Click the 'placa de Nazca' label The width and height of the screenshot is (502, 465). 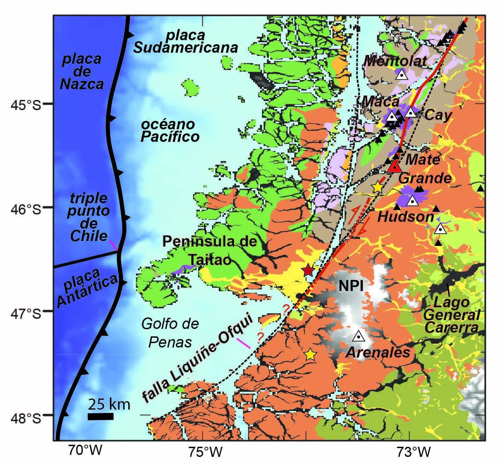(x=82, y=72)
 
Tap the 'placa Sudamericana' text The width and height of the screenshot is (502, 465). (x=186, y=42)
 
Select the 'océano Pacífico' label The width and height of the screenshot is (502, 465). (x=170, y=131)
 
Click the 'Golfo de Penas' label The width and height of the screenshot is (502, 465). (x=170, y=333)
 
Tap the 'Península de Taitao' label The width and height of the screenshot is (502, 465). (x=210, y=250)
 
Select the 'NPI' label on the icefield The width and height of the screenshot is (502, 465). (x=351, y=286)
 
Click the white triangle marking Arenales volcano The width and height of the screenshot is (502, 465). (x=359, y=336)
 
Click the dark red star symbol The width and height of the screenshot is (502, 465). (x=308, y=270)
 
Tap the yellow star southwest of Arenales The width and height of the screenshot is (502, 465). (x=310, y=355)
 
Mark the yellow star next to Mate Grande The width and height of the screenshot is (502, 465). (x=377, y=187)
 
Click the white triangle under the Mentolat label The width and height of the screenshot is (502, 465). (x=401, y=74)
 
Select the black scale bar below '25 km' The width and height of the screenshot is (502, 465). (x=100, y=416)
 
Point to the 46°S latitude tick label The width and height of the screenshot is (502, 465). (x=26, y=209)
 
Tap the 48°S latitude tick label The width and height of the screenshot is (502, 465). (x=26, y=418)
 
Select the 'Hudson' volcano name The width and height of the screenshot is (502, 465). (x=405, y=216)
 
